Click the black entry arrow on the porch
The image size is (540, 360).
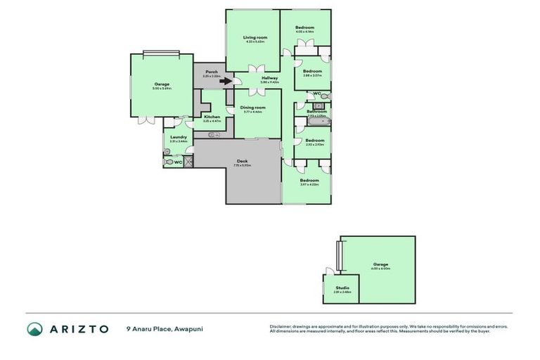click(x=225, y=81)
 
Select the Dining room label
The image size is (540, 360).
click(x=252, y=107)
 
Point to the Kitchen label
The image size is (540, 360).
click(x=212, y=117)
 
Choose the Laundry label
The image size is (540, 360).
click(x=179, y=137)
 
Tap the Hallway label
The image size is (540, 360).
click(x=269, y=78)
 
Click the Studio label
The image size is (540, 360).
click(x=342, y=287)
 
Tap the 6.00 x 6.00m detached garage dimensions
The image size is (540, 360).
click(x=381, y=269)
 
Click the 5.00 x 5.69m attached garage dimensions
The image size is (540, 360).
click(x=162, y=88)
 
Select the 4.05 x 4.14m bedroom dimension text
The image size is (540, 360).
click(x=304, y=32)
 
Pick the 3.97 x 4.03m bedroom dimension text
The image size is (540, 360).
click(x=309, y=184)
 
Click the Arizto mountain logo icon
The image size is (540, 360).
click(x=34, y=329)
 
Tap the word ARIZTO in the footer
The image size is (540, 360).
click(x=78, y=329)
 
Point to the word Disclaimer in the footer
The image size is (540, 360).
click(x=281, y=326)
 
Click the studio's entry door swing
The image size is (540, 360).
click(x=329, y=271)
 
